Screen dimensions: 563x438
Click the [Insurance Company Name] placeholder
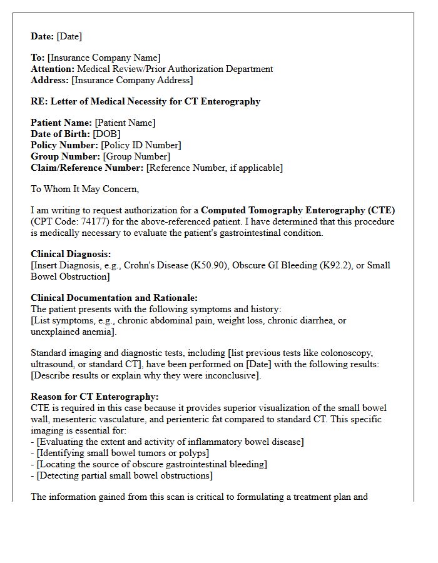click(104, 58)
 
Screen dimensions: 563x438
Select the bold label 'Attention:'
click(53, 69)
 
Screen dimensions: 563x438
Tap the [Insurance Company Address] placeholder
click(132, 81)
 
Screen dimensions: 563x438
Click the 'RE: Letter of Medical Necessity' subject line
click(145, 101)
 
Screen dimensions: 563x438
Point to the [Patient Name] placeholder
click(125, 123)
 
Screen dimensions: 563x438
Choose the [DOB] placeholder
click(106, 134)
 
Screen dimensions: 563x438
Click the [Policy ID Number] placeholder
click(141, 145)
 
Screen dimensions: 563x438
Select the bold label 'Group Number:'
click(65, 156)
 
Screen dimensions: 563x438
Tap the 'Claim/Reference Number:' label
click(87, 168)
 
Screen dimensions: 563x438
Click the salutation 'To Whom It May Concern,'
click(85, 189)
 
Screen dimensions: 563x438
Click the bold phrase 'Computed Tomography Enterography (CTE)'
click(298, 211)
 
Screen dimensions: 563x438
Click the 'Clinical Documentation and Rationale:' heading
click(114, 298)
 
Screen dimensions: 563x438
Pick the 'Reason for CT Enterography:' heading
click(94, 397)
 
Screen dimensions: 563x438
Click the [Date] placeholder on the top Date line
click(69, 37)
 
